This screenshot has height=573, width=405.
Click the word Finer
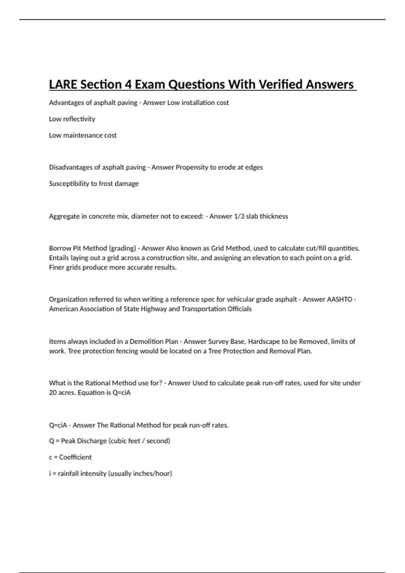pyautogui.click(x=56, y=267)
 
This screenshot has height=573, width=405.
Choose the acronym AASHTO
pyautogui.click(x=340, y=299)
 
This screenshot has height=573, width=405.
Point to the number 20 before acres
pyautogui.click(x=53, y=393)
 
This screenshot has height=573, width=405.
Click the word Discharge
pyautogui.click(x=93, y=441)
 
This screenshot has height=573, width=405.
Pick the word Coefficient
pyautogui.click(x=75, y=457)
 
